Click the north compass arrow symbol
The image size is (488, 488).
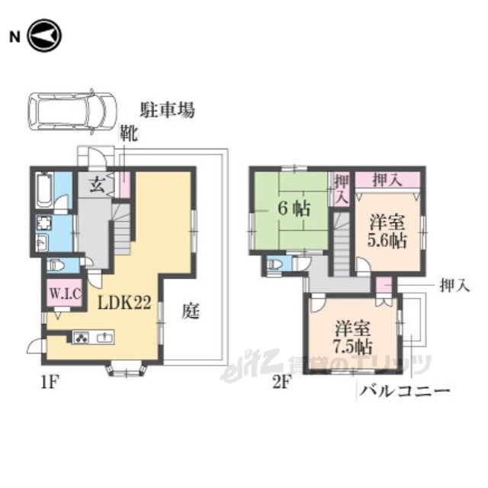click(44, 35)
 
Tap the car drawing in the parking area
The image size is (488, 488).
click(72, 112)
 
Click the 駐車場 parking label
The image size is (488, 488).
click(167, 110)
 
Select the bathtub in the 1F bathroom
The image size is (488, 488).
click(43, 190)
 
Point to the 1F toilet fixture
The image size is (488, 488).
click(56, 265)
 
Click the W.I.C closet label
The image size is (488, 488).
click(66, 293)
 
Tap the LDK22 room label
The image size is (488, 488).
click(124, 302)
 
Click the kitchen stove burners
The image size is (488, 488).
click(82, 337)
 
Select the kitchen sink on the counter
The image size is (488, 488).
click(105, 337)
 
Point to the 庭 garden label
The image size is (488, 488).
click(191, 311)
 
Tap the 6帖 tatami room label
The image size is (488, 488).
click(294, 208)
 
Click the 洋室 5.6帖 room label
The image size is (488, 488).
click(387, 232)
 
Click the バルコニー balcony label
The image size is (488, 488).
click(405, 391)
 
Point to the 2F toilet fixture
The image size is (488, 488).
click(275, 265)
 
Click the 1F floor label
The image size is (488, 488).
click(50, 383)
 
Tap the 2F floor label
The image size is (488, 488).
click(281, 383)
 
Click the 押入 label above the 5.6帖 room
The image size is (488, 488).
click(387, 180)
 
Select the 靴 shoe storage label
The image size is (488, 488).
click(129, 134)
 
